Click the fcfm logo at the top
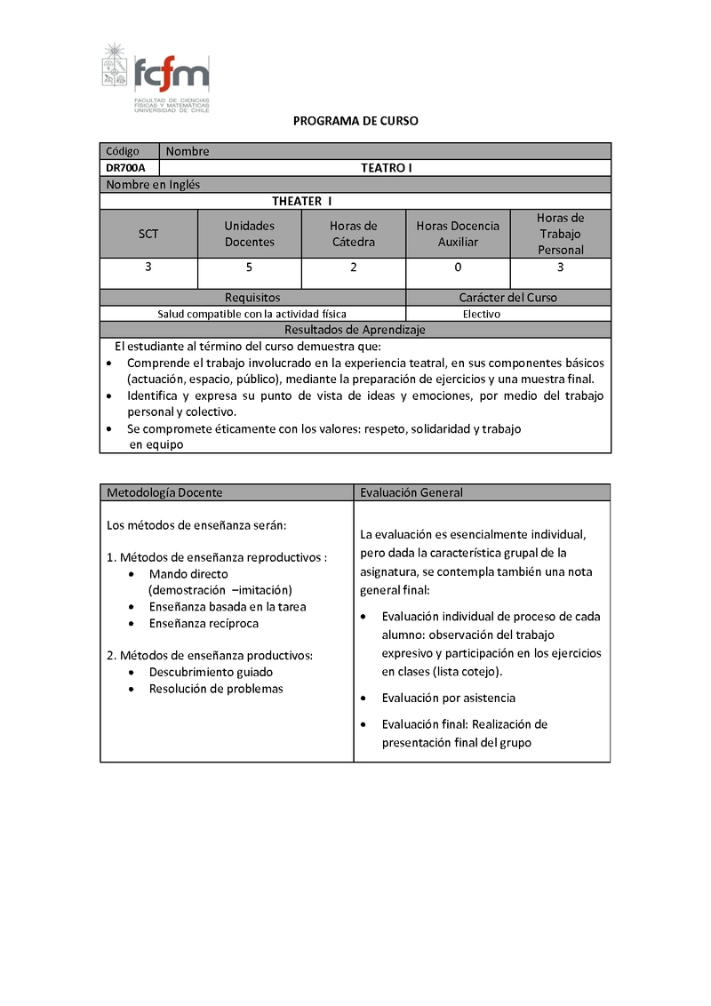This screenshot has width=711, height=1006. point(156,76)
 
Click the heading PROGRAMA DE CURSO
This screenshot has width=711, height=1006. point(355,121)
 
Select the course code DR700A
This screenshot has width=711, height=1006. point(125,168)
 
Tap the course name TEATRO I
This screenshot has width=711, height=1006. point(386,168)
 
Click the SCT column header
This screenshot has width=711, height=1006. point(148,234)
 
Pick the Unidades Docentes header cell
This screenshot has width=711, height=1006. point(250,234)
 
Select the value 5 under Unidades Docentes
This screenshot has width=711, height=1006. point(250,267)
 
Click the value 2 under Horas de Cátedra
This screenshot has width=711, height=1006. point(354,267)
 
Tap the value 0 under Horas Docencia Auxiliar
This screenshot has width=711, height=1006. point(458,267)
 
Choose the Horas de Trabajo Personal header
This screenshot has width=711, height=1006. point(561,234)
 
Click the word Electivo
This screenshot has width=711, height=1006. point(482,314)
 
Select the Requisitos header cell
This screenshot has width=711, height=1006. point(252,298)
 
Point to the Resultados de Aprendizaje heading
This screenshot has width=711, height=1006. point(355,330)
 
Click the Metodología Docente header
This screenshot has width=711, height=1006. point(164,492)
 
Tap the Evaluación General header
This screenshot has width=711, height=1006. point(411,492)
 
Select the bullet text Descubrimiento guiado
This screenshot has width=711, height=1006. point(211,672)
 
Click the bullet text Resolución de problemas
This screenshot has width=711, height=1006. point(216,689)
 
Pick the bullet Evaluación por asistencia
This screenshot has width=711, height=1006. point(448,698)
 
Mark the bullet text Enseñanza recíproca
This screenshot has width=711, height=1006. point(204,623)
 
